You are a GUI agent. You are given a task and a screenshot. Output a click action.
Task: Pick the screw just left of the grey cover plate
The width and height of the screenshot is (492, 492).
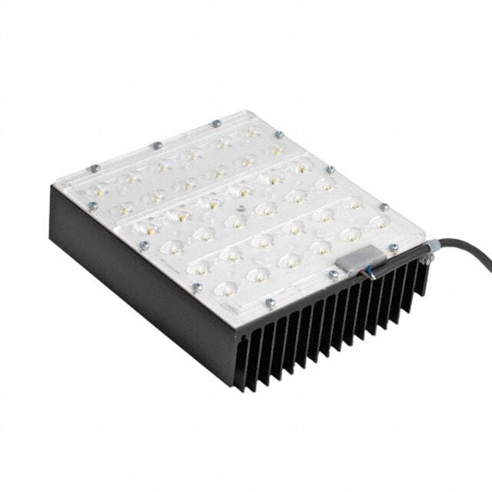[333, 274]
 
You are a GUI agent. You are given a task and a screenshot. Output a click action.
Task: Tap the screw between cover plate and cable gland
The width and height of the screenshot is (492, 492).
[394, 248]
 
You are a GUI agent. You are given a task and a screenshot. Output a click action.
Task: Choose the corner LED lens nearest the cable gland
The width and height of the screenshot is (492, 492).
[378, 222]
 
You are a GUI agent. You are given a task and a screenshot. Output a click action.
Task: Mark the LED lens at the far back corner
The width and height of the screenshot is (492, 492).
[251, 131]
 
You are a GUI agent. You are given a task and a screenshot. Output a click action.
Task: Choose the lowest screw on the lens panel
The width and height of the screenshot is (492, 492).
[270, 303]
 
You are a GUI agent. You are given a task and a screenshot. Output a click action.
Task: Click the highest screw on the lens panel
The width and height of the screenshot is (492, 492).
[216, 123]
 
